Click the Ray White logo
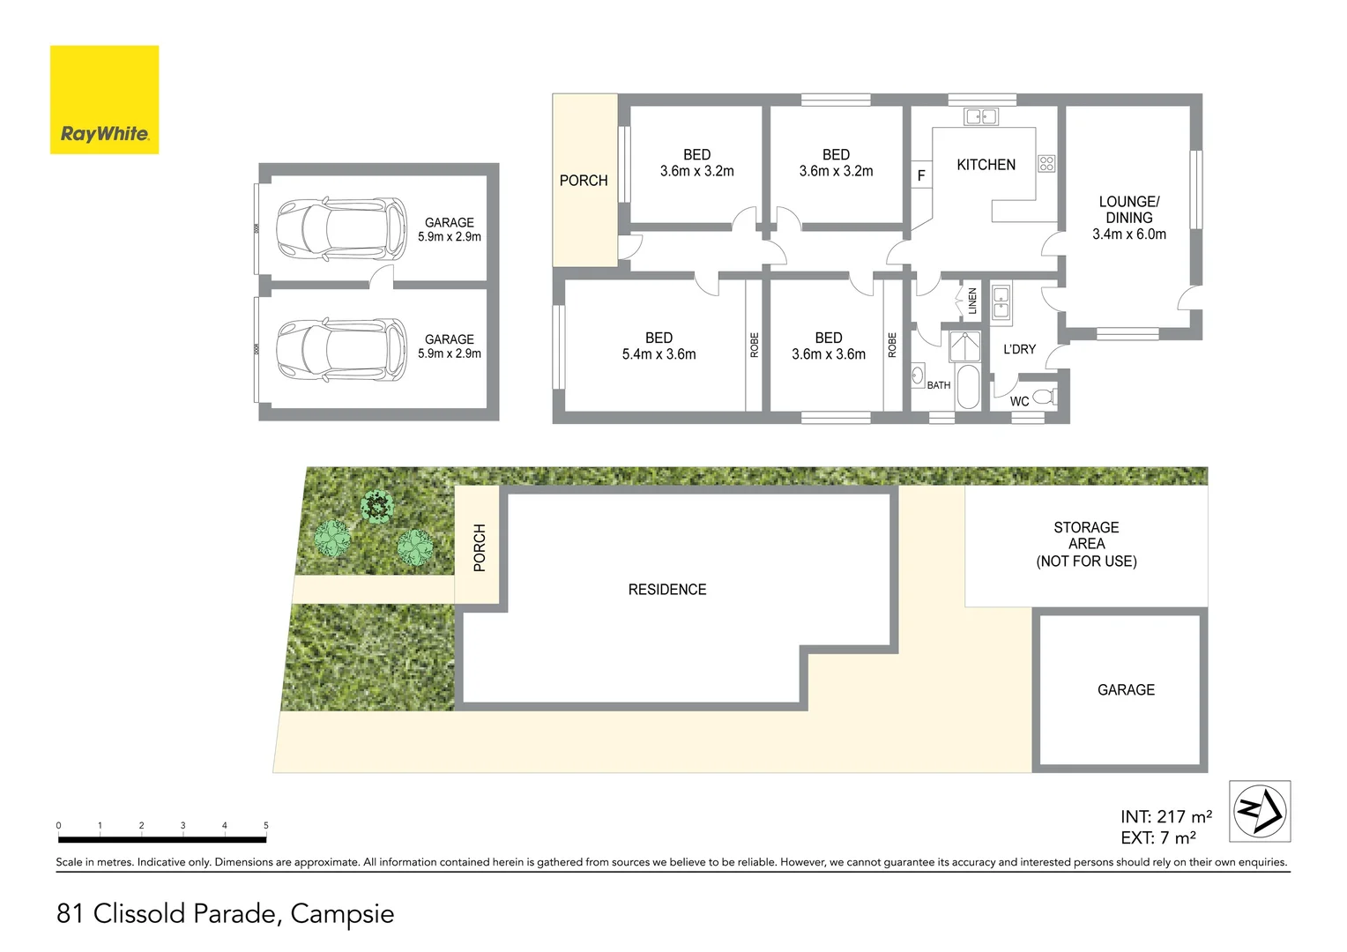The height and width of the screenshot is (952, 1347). (x=104, y=100)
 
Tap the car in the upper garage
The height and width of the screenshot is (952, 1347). (x=341, y=229)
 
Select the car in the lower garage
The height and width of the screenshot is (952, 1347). (x=341, y=349)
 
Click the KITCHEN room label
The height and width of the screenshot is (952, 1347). (x=986, y=165)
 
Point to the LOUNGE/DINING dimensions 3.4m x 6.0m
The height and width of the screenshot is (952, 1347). (x=1128, y=234)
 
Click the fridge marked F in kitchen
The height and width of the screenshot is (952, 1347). (x=921, y=175)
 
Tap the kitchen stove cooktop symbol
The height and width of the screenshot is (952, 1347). (x=1046, y=163)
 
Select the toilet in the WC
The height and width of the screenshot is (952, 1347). (x=1044, y=397)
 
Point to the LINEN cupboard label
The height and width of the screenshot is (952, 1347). (x=972, y=301)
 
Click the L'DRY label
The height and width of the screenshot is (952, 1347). (x=1019, y=349)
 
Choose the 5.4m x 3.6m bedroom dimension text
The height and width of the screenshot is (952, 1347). (x=659, y=354)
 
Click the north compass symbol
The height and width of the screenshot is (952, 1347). (x=1260, y=811)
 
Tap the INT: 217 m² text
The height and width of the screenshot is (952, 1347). (x=1165, y=817)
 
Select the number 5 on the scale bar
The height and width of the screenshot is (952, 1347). (x=265, y=826)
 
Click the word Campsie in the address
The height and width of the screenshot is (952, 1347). (x=342, y=914)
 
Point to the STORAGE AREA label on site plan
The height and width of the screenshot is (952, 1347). (x=1086, y=543)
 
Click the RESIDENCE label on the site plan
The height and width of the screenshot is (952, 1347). (x=667, y=590)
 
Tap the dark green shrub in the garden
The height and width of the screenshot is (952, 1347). (x=377, y=507)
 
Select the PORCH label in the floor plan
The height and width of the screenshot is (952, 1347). (x=584, y=181)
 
